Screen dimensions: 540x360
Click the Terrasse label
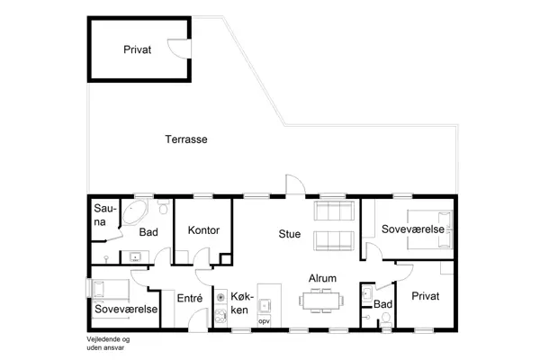[x=186, y=139]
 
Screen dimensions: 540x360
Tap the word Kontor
[x=203, y=230]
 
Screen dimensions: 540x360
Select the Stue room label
[x=289, y=234]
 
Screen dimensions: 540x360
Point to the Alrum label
[x=322, y=278]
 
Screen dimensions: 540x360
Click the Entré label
[x=189, y=298]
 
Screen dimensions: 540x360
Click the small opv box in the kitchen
[x=264, y=321]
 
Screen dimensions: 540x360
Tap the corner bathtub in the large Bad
[x=135, y=212]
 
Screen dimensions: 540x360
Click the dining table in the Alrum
[x=321, y=301]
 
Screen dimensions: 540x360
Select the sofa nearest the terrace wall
[x=334, y=211]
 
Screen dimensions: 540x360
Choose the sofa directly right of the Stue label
[x=334, y=241]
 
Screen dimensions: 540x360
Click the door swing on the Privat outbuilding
[x=179, y=49]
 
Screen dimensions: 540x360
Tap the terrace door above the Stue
[x=295, y=184]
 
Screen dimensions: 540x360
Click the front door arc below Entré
[x=198, y=319]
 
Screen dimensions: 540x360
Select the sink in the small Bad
[x=367, y=294]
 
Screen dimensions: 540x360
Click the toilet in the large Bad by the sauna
[x=164, y=207]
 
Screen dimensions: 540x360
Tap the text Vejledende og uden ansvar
[x=108, y=344]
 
